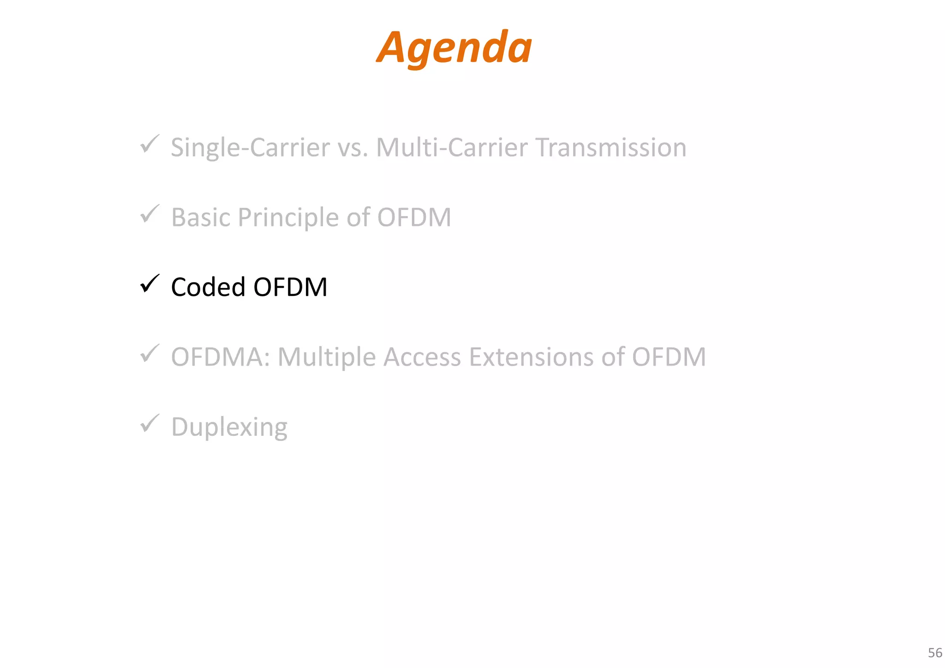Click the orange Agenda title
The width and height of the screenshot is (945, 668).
(454, 48)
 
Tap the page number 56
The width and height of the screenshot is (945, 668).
(935, 653)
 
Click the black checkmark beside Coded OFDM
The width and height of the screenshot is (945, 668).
(150, 283)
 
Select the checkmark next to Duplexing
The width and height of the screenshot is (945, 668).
(150, 423)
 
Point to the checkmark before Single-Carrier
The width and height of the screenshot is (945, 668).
(150, 144)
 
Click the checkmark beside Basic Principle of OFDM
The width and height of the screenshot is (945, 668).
(150, 214)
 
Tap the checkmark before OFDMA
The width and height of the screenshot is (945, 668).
(150, 354)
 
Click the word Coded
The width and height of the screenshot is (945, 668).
(208, 287)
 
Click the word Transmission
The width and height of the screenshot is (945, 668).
(611, 148)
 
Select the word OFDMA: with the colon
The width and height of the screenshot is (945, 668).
(221, 357)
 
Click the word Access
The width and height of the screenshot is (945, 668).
(422, 357)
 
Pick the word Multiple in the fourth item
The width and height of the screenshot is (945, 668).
(327, 357)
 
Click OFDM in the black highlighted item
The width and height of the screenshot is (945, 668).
(290, 287)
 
